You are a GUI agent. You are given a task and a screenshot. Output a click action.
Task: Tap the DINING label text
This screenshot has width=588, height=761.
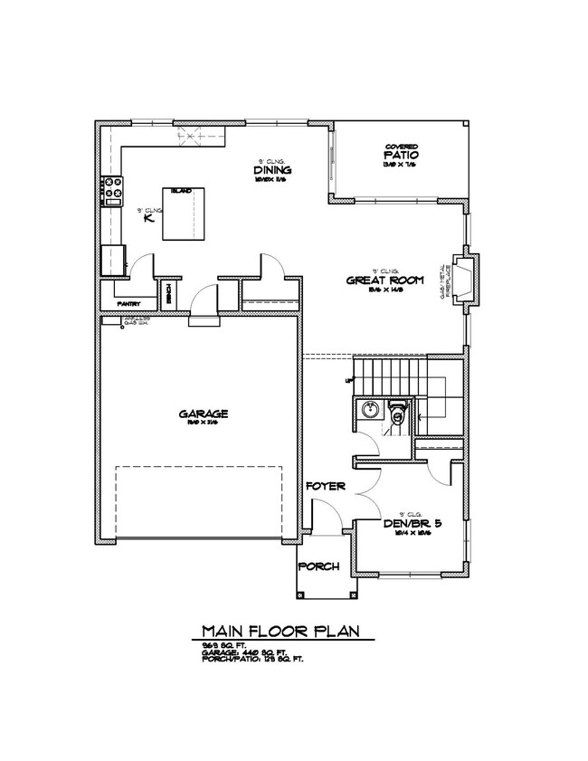[x=270, y=170]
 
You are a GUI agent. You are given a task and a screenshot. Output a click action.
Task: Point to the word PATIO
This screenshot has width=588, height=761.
[x=399, y=155]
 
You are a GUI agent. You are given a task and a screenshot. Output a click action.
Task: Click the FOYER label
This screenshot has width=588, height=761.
[x=326, y=487]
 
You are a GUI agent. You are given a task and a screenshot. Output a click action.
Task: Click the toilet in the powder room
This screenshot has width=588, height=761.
[x=396, y=412]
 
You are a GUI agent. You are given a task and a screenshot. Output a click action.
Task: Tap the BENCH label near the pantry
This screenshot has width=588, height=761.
[x=167, y=294]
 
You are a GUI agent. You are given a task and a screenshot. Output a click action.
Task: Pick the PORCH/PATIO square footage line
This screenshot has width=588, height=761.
[x=253, y=659]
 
